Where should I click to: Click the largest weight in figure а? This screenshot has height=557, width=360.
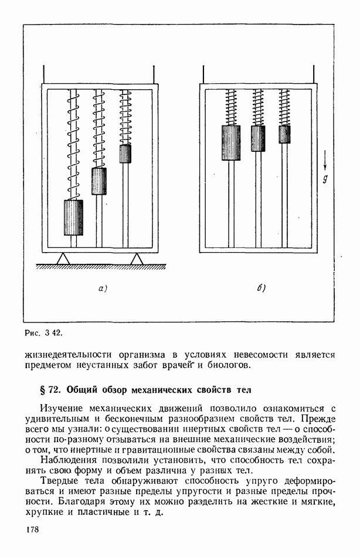[73, 217]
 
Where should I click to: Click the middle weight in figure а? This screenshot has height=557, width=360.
[99, 181]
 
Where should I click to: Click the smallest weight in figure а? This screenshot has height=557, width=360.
[125, 154]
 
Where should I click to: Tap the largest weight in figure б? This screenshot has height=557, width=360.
[231, 142]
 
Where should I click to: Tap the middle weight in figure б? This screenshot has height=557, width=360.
[258, 138]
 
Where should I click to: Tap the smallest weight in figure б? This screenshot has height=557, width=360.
[284, 134]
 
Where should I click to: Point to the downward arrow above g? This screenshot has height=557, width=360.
[325, 159]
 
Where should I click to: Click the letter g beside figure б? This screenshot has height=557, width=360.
[325, 179]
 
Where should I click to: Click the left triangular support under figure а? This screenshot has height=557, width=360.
[63, 258]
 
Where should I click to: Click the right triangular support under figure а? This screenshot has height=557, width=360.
[137, 258]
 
